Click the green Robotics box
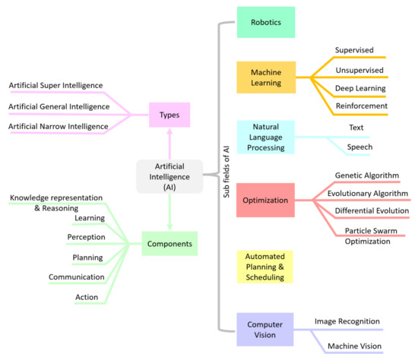[x=265, y=22]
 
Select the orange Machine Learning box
[x=265, y=77]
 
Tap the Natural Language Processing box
[x=265, y=137]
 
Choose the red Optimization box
[x=265, y=201]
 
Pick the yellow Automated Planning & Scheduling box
[x=265, y=266]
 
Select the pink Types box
[x=169, y=115]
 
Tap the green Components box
[x=169, y=244]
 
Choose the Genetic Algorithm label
[x=366, y=175]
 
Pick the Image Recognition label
[x=347, y=321]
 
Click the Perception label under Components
[x=85, y=238]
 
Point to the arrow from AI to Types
[x=169, y=143]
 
